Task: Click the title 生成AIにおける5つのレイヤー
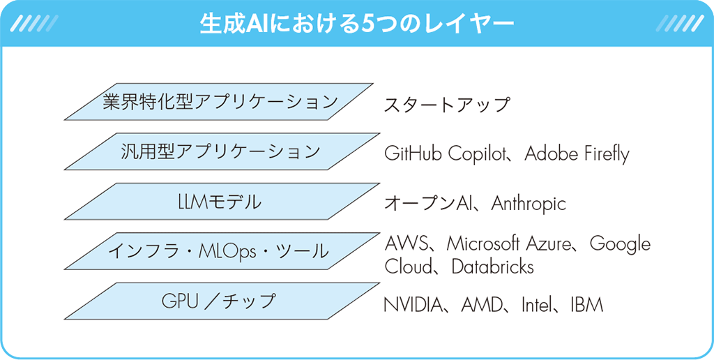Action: click(x=357, y=24)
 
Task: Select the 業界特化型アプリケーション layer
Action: click(x=218, y=102)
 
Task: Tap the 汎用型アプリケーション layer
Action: click(x=222, y=151)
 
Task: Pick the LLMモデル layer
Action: click(x=222, y=202)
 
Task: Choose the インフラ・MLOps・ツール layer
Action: click(x=222, y=250)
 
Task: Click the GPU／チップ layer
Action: click(x=222, y=301)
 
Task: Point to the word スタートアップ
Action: click(x=446, y=105)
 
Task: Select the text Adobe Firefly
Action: click(x=577, y=154)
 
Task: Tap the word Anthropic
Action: click(x=529, y=204)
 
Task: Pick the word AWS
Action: click(x=407, y=243)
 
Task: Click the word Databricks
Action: click(x=492, y=267)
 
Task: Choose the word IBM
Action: click(x=586, y=304)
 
